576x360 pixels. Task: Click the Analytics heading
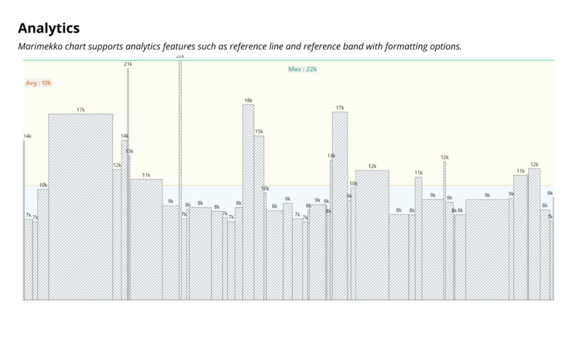click(x=49, y=28)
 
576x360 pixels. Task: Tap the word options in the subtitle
click(x=447, y=46)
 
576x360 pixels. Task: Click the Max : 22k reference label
click(x=303, y=69)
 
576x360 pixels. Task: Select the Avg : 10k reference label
click(x=38, y=83)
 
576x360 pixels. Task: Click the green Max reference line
click(x=394, y=60)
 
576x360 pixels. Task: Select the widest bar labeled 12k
click(x=372, y=236)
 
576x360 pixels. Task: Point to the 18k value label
click(x=248, y=101)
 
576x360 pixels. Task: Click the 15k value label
click(x=259, y=132)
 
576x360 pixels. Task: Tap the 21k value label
click(x=128, y=64)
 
